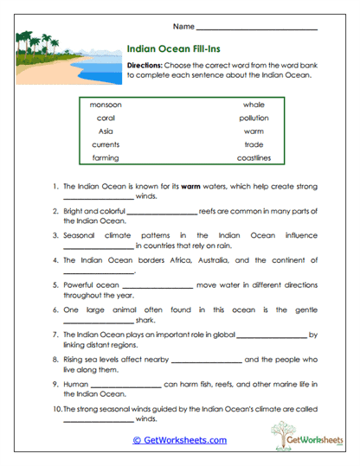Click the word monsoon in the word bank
point(106,104)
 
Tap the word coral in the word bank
point(106,118)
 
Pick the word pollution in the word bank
point(254,118)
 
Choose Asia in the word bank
point(106,131)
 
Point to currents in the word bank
point(106,145)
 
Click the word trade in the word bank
point(254,145)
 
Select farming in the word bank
point(106,159)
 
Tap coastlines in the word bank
point(254,159)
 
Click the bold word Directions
point(144,65)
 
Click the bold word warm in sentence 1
point(191,186)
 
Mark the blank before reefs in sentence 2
point(162,212)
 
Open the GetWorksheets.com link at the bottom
point(179,440)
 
